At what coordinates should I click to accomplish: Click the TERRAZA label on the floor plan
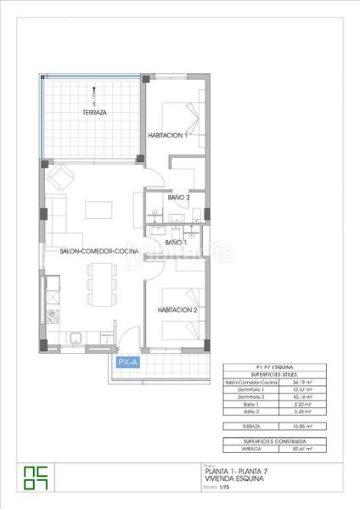click(94, 113)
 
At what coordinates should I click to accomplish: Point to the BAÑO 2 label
click(178, 198)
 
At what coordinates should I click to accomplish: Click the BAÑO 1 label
click(175, 243)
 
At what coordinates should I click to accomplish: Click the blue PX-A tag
click(128, 361)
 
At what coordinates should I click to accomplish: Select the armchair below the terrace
click(60, 176)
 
